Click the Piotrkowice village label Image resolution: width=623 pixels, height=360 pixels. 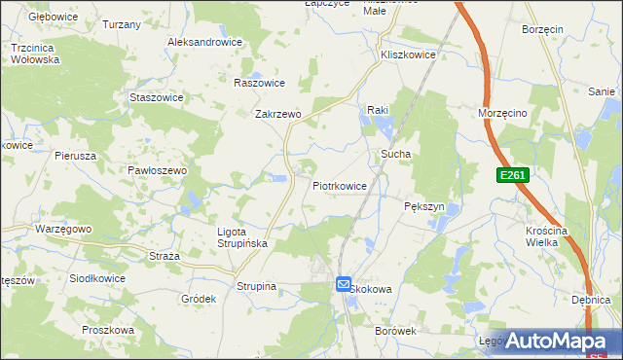(x=340, y=185)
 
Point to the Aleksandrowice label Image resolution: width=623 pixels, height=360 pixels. (x=204, y=43)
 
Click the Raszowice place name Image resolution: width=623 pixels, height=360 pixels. (x=259, y=83)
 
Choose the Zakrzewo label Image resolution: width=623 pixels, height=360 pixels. (x=278, y=114)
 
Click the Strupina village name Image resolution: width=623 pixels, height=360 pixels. (x=257, y=286)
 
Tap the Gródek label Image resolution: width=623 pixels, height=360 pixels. (x=198, y=299)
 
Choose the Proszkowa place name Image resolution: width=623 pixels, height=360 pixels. (x=107, y=330)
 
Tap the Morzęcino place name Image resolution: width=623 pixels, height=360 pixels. (x=503, y=113)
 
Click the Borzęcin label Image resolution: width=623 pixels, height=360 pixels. (x=543, y=30)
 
